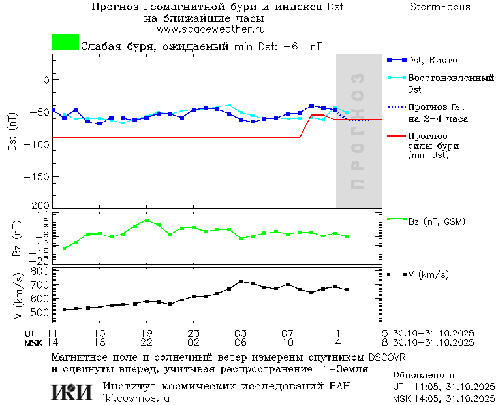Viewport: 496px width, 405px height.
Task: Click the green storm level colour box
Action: click(x=65, y=42)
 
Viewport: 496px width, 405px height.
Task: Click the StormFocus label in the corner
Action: click(x=440, y=7)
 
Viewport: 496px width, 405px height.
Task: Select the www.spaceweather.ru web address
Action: click(x=211, y=29)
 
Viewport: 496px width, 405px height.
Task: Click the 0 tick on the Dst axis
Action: click(x=46, y=80)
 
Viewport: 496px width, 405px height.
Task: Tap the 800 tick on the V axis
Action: click(x=40, y=271)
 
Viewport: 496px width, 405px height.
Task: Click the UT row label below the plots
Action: click(x=31, y=333)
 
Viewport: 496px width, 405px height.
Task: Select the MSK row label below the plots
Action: click(x=33, y=342)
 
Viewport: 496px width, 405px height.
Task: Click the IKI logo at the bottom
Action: click(x=72, y=392)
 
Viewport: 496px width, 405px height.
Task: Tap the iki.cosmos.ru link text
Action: click(x=136, y=398)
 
